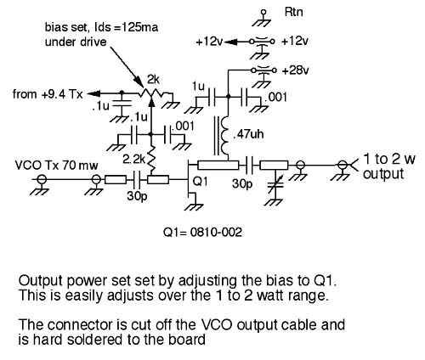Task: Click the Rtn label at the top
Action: [293, 12]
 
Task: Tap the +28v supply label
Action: [295, 70]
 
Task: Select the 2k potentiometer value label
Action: [153, 80]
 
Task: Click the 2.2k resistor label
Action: [133, 160]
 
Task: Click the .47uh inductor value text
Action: [248, 134]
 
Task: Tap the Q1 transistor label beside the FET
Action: [200, 182]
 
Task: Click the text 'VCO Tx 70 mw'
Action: [56, 165]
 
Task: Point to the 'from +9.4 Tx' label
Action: [48, 94]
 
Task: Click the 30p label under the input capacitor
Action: [137, 196]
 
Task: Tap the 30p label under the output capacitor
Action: [242, 184]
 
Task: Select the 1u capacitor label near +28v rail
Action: [198, 87]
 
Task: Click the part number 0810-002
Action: [216, 233]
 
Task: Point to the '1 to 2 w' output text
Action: [388, 159]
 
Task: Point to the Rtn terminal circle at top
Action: [263, 12]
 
